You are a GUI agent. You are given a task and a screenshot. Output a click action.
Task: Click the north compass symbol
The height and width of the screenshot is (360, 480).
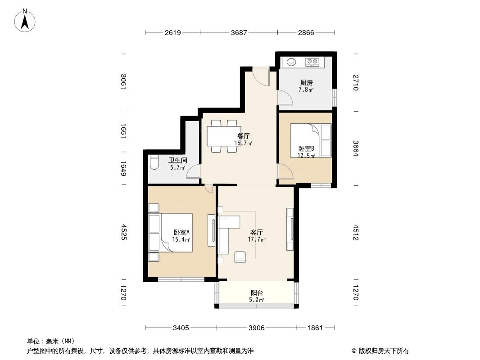pyautogui.click(x=26, y=20)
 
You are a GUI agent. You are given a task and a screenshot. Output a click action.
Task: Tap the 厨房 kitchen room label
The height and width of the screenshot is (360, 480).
pyautogui.click(x=306, y=83)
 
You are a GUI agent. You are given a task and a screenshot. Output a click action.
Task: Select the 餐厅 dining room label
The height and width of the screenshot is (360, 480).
pyautogui.click(x=244, y=135)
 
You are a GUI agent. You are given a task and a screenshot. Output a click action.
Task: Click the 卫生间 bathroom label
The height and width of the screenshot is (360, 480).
pyautogui.click(x=177, y=160)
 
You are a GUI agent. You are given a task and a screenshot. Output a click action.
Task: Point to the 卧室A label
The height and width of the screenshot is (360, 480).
pyautogui.click(x=182, y=232)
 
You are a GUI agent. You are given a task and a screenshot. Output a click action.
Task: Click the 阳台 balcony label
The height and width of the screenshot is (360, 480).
pyautogui.click(x=257, y=292)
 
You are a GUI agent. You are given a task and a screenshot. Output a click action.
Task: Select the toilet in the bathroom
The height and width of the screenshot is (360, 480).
pyautogui.click(x=154, y=162)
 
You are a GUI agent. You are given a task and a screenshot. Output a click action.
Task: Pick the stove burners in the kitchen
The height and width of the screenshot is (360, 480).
pyautogui.click(x=312, y=62)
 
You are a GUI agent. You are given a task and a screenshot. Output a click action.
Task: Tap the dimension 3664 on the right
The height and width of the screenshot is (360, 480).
pyautogui.click(x=355, y=148)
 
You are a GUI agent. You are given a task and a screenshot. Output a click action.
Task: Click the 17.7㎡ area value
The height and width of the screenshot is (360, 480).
pyautogui.click(x=257, y=240)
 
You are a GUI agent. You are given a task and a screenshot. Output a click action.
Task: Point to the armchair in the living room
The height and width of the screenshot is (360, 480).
pyautogui.click(x=240, y=256)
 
